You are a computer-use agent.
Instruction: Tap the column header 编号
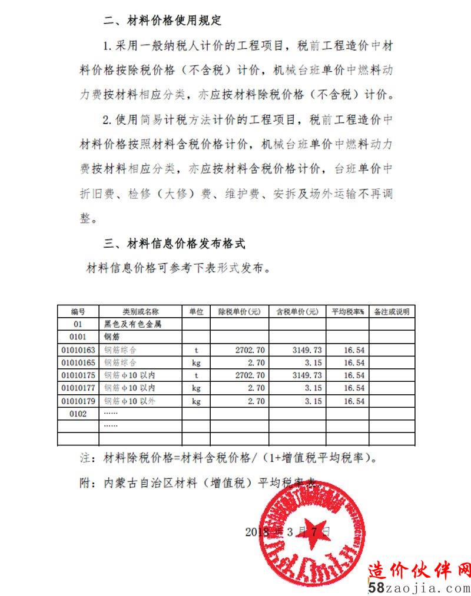point(78,311)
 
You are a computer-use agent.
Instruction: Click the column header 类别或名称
point(140,311)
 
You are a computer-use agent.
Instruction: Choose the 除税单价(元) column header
point(240,311)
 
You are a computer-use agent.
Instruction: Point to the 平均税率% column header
point(348,311)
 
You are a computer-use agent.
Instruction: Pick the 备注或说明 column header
point(392,311)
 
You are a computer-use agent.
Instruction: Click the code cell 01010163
point(78,349)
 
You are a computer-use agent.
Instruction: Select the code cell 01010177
point(78,388)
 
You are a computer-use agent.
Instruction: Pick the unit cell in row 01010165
point(197,362)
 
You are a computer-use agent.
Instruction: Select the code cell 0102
point(78,414)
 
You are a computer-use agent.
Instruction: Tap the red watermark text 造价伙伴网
point(419,570)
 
